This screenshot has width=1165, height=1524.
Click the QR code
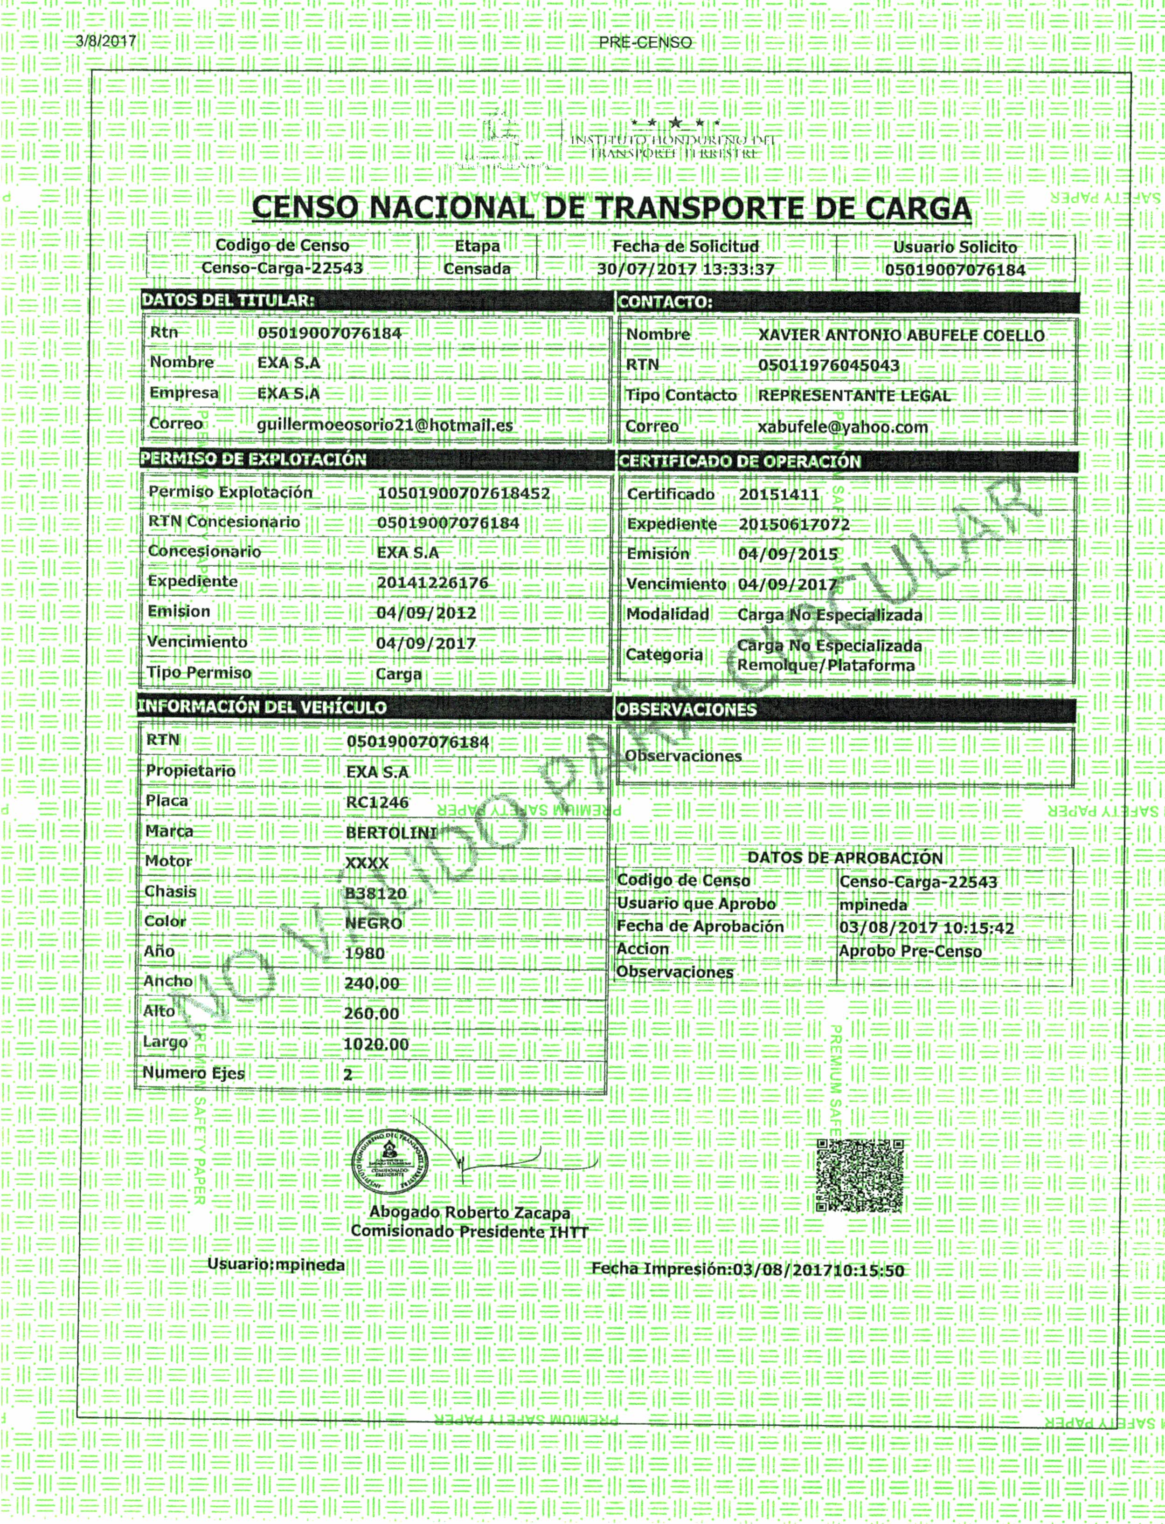pos(860,1175)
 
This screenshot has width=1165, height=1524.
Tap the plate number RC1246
pos(377,803)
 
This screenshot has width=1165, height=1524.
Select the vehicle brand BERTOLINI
pos(391,833)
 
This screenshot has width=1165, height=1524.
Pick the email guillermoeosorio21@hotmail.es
pos(385,425)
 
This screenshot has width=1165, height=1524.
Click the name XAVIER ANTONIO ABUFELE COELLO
pos(901,336)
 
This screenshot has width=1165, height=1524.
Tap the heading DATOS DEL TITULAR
pos(228,300)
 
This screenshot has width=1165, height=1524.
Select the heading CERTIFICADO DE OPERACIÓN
pos(739,461)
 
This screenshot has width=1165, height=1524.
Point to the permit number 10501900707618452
pos(463,494)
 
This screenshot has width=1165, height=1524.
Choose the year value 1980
pos(364,954)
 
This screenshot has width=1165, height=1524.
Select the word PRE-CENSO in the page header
pos(645,42)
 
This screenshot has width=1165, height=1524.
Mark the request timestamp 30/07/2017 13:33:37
pos(685,269)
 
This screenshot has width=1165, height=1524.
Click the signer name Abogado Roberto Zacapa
pos(470,1212)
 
